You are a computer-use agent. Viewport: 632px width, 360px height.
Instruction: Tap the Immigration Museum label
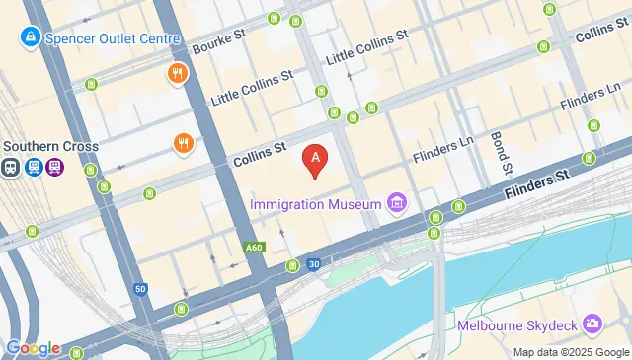coord(315,204)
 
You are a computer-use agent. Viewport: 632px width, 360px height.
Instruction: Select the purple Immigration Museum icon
coord(396,204)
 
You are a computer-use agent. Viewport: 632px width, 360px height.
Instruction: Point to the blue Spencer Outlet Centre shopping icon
coord(31,38)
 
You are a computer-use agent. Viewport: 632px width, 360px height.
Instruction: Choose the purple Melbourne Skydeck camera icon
coord(592,324)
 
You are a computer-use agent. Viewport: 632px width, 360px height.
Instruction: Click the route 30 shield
coord(313,263)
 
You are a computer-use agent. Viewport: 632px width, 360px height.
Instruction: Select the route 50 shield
coord(141,289)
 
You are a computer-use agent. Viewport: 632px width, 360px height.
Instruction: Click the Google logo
coord(33,348)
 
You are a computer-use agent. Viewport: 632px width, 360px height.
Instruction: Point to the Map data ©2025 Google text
coord(570,352)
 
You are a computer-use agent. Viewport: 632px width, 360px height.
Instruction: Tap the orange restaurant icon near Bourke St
coord(178,74)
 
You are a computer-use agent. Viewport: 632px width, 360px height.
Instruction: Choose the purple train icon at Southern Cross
coord(56,168)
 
